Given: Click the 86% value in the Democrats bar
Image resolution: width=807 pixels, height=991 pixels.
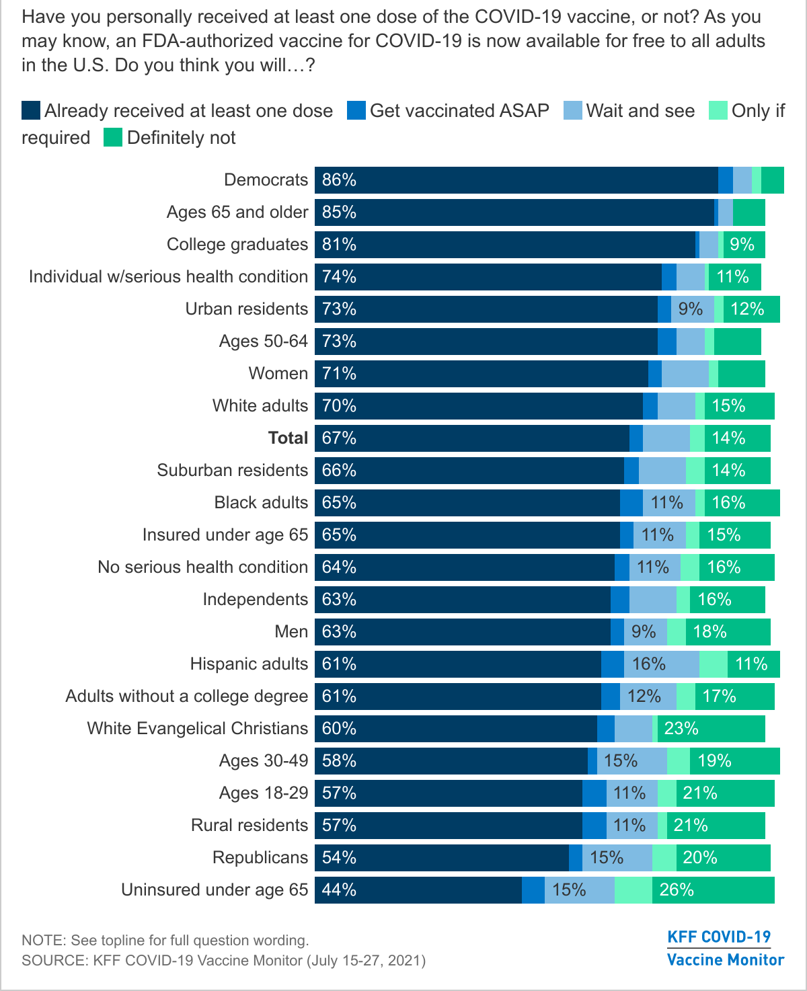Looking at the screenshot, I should pyautogui.click(x=339, y=180).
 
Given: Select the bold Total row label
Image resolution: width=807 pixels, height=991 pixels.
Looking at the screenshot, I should pyautogui.click(x=288, y=438).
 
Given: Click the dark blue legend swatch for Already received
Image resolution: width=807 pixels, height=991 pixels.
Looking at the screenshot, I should pyautogui.click(x=31, y=111).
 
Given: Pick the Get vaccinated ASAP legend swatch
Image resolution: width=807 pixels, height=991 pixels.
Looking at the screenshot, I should pyautogui.click(x=356, y=111).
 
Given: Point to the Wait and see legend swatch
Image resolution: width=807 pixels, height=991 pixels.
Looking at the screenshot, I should pyautogui.click(x=573, y=111).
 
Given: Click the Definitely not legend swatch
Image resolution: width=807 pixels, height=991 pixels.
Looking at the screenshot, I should pyautogui.click(x=113, y=138).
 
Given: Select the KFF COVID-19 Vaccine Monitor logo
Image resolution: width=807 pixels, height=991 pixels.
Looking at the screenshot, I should pyautogui.click(x=725, y=948).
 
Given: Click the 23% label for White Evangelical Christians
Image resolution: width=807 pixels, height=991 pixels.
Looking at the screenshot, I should pyautogui.click(x=681, y=729).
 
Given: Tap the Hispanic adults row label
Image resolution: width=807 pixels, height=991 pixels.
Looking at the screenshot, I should pyautogui.click(x=249, y=664).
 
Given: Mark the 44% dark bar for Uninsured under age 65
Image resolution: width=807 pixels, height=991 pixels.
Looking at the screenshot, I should pyautogui.click(x=418, y=890).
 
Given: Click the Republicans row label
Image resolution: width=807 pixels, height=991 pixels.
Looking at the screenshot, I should pyautogui.click(x=260, y=858).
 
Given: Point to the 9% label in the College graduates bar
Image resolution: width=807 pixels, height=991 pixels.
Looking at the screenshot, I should pyautogui.click(x=742, y=245).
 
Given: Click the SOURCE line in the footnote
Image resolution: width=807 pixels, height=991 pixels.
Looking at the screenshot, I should pyautogui.click(x=223, y=960).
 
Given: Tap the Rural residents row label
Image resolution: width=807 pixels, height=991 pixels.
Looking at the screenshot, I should pyautogui.click(x=249, y=826).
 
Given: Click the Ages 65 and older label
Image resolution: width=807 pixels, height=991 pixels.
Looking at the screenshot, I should pyautogui.click(x=237, y=212).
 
